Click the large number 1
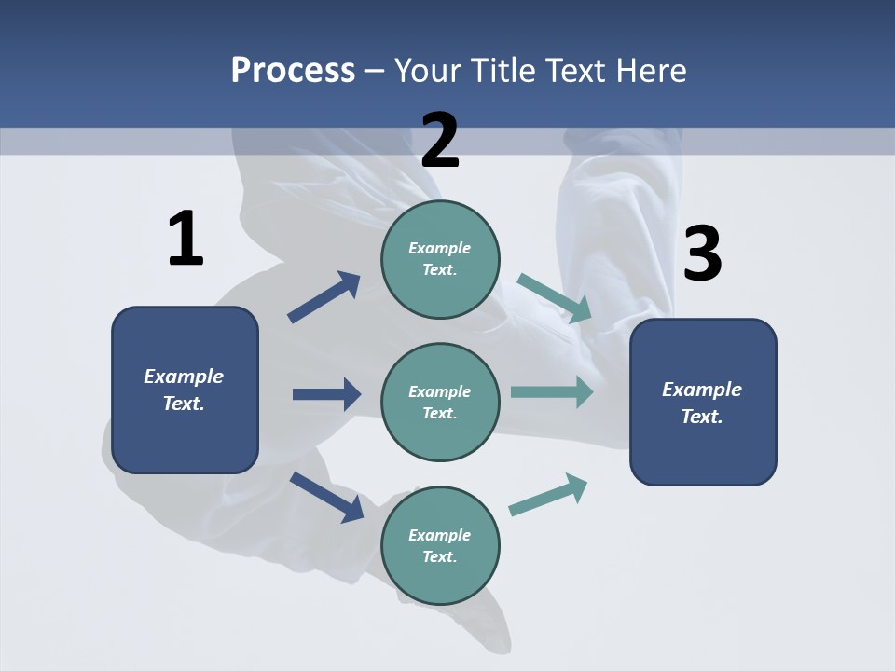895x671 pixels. (x=186, y=239)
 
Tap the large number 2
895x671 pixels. (x=440, y=141)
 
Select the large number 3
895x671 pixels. (x=703, y=253)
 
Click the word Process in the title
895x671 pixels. (x=293, y=70)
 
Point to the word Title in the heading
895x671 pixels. (x=500, y=70)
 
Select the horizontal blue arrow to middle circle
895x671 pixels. (x=326, y=394)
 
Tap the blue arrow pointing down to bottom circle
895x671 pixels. (x=327, y=496)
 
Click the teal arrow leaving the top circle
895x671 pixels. (x=555, y=297)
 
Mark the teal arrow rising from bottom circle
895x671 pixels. (x=548, y=494)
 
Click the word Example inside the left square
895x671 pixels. (x=184, y=377)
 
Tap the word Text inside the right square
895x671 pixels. (x=701, y=417)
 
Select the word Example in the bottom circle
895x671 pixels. (x=439, y=535)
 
